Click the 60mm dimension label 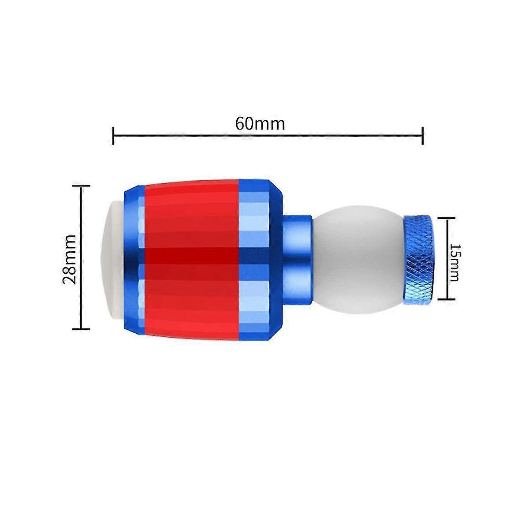260,123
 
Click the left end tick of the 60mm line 113,135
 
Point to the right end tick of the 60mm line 423,135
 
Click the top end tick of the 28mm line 81,186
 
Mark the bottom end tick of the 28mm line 81,329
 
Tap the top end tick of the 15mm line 448,218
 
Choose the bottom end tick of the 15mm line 448,300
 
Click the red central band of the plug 192,212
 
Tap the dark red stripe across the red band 192,256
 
